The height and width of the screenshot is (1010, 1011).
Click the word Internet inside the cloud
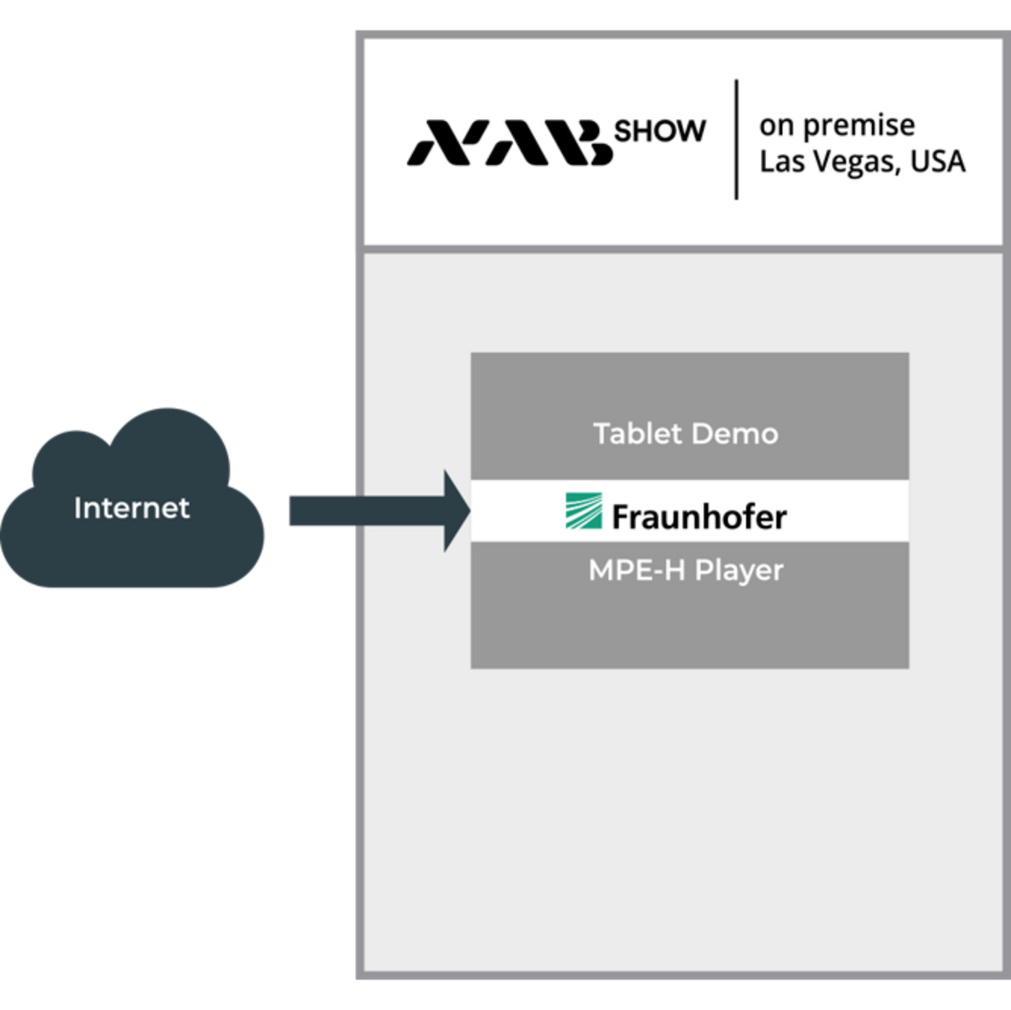pyautogui.click(x=132, y=507)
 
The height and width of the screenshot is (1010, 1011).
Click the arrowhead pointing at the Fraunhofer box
pyautogui.click(x=457, y=511)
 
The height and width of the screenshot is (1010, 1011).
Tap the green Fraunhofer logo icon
pyautogui.click(x=583, y=511)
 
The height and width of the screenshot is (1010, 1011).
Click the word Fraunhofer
pyautogui.click(x=699, y=517)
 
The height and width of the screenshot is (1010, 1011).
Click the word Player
pyautogui.click(x=739, y=572)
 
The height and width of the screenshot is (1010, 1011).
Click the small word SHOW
pyautogui.click(x=660, y=131)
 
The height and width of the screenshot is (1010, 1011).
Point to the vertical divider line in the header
pyautogui.click(x=736, y=139)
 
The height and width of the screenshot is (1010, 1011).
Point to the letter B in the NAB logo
pyautogui.click(x=590, y=142)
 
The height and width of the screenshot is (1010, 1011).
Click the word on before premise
pyautogui.click(x=776, y=126)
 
